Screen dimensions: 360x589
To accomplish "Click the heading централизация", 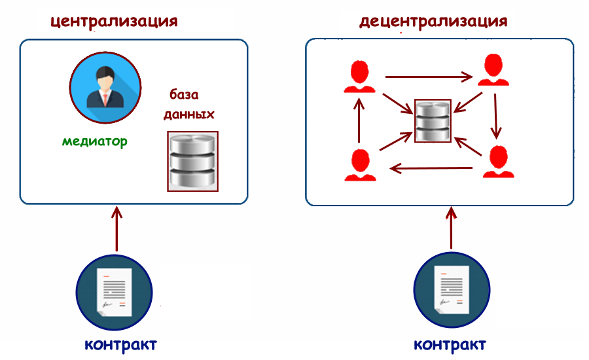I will pos(114,20).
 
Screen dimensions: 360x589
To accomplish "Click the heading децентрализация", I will pos(433,20).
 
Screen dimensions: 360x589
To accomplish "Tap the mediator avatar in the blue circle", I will pos(104,88).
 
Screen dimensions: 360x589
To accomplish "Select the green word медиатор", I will pos(95,141).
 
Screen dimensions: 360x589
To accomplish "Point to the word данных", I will pos(188,113).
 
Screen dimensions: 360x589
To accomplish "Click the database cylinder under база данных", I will pos(193,161).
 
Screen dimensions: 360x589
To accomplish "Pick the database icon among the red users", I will pos(433,120).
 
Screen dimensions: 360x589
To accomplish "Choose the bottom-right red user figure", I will pos(498,162).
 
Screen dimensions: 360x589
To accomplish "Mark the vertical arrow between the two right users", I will pos(497,115).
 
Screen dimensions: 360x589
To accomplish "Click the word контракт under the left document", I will pos(120,344).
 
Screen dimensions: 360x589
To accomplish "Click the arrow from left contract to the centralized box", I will pos(116,229).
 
